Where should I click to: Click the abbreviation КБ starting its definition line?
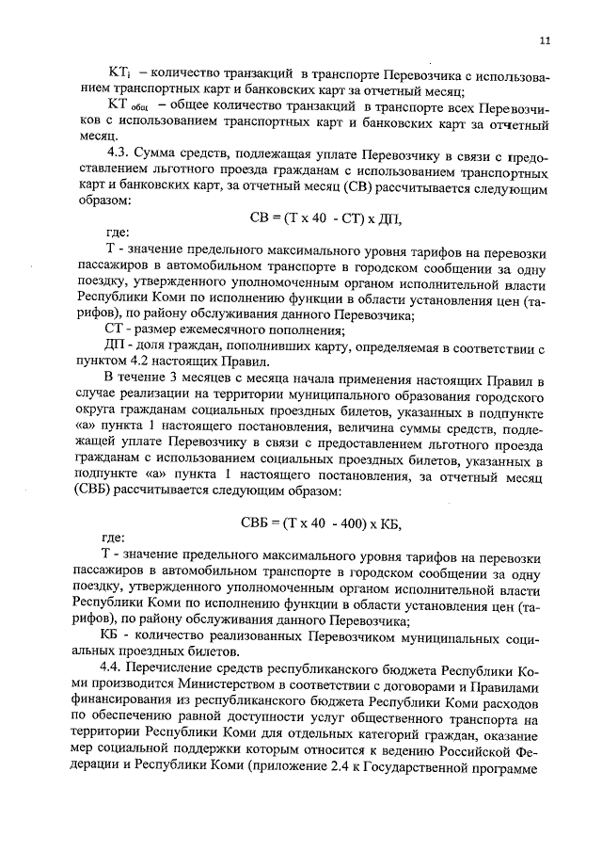pyautogui.click(x=111, y=637)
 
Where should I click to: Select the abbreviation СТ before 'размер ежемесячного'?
pyautogui.click(x=110, y=330)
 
